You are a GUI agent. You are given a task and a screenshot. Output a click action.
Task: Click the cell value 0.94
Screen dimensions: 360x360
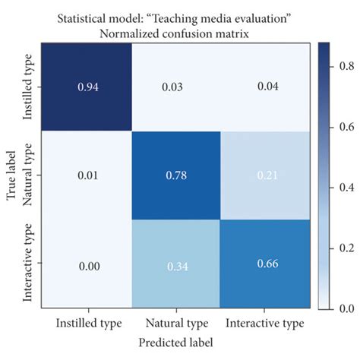point(87,87)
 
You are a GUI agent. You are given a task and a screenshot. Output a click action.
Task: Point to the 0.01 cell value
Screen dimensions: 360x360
point(87,175)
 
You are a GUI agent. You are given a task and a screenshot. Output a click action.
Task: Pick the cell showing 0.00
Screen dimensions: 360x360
point(87,263)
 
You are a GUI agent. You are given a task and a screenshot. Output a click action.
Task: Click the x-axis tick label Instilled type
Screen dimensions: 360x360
point(87,323)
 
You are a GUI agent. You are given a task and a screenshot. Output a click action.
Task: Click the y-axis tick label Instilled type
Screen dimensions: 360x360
point(28,88)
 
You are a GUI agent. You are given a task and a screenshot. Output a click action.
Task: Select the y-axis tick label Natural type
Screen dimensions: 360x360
point(28,175)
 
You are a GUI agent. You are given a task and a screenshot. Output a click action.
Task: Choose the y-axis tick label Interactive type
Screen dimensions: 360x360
point(28,263)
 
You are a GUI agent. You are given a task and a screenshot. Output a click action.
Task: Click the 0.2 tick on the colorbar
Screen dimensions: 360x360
point(343,249)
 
